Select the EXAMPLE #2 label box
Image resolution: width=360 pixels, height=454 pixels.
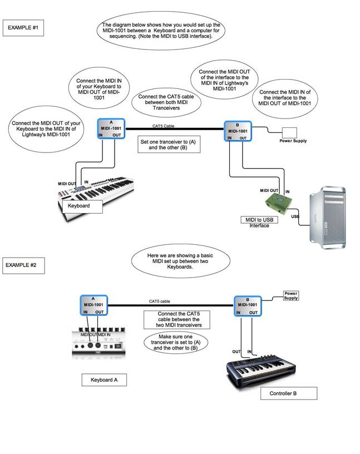pyautogui.click(x=23, y=265)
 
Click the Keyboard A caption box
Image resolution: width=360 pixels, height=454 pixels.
pyautogui.click(x=104, y=381)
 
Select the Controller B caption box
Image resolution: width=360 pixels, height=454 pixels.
pyautogui.click(x=289, y=393)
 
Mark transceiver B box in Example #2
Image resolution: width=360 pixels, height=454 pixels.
pyautogui.click(x=246, y=307)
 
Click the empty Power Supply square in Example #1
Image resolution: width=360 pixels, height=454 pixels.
pyautogui.click(x=290, y=132)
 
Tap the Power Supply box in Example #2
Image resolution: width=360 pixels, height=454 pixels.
pyautogui.click(x=291, y=295)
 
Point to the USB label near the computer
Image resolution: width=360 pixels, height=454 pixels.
pyautogui.click(x=295, y=216)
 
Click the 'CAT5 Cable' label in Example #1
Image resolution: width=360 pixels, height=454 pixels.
pyautogui.click(x=163, y=126)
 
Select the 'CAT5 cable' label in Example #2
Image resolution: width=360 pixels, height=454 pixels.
pyautogui.click(x=159, y=301)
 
